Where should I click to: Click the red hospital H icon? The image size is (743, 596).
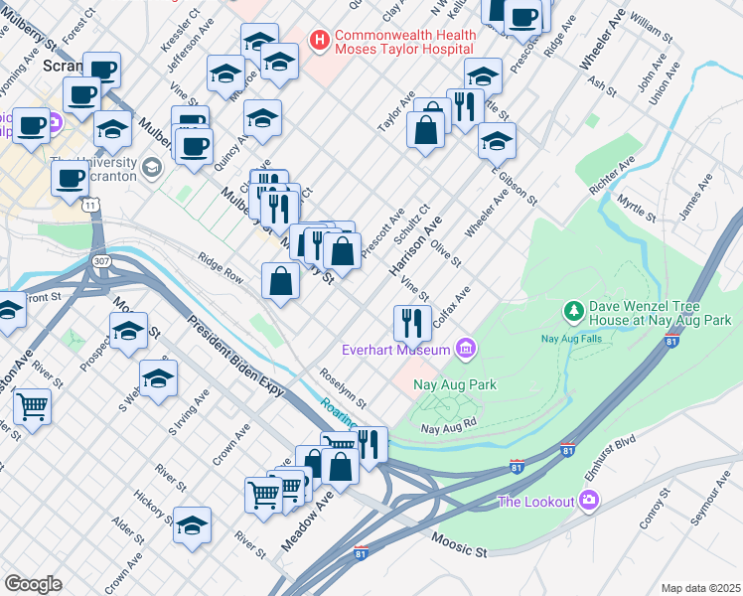coord(320,41)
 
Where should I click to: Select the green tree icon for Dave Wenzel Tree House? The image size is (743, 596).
coord(573,313)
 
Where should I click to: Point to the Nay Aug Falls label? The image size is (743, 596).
coord(572,339)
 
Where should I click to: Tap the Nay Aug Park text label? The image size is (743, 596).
coord(458,384)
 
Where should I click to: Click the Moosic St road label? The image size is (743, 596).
coord(460,543)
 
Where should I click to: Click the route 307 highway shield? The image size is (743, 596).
coord(101,260)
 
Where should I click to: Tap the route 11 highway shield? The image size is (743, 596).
coord(90,205)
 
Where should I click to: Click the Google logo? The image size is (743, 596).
coord(33,583)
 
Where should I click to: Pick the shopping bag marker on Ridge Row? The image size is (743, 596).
coord(281,281)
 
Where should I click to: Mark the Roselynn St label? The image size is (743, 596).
coord(344,388)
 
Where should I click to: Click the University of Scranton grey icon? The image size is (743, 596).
coord(151,166)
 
